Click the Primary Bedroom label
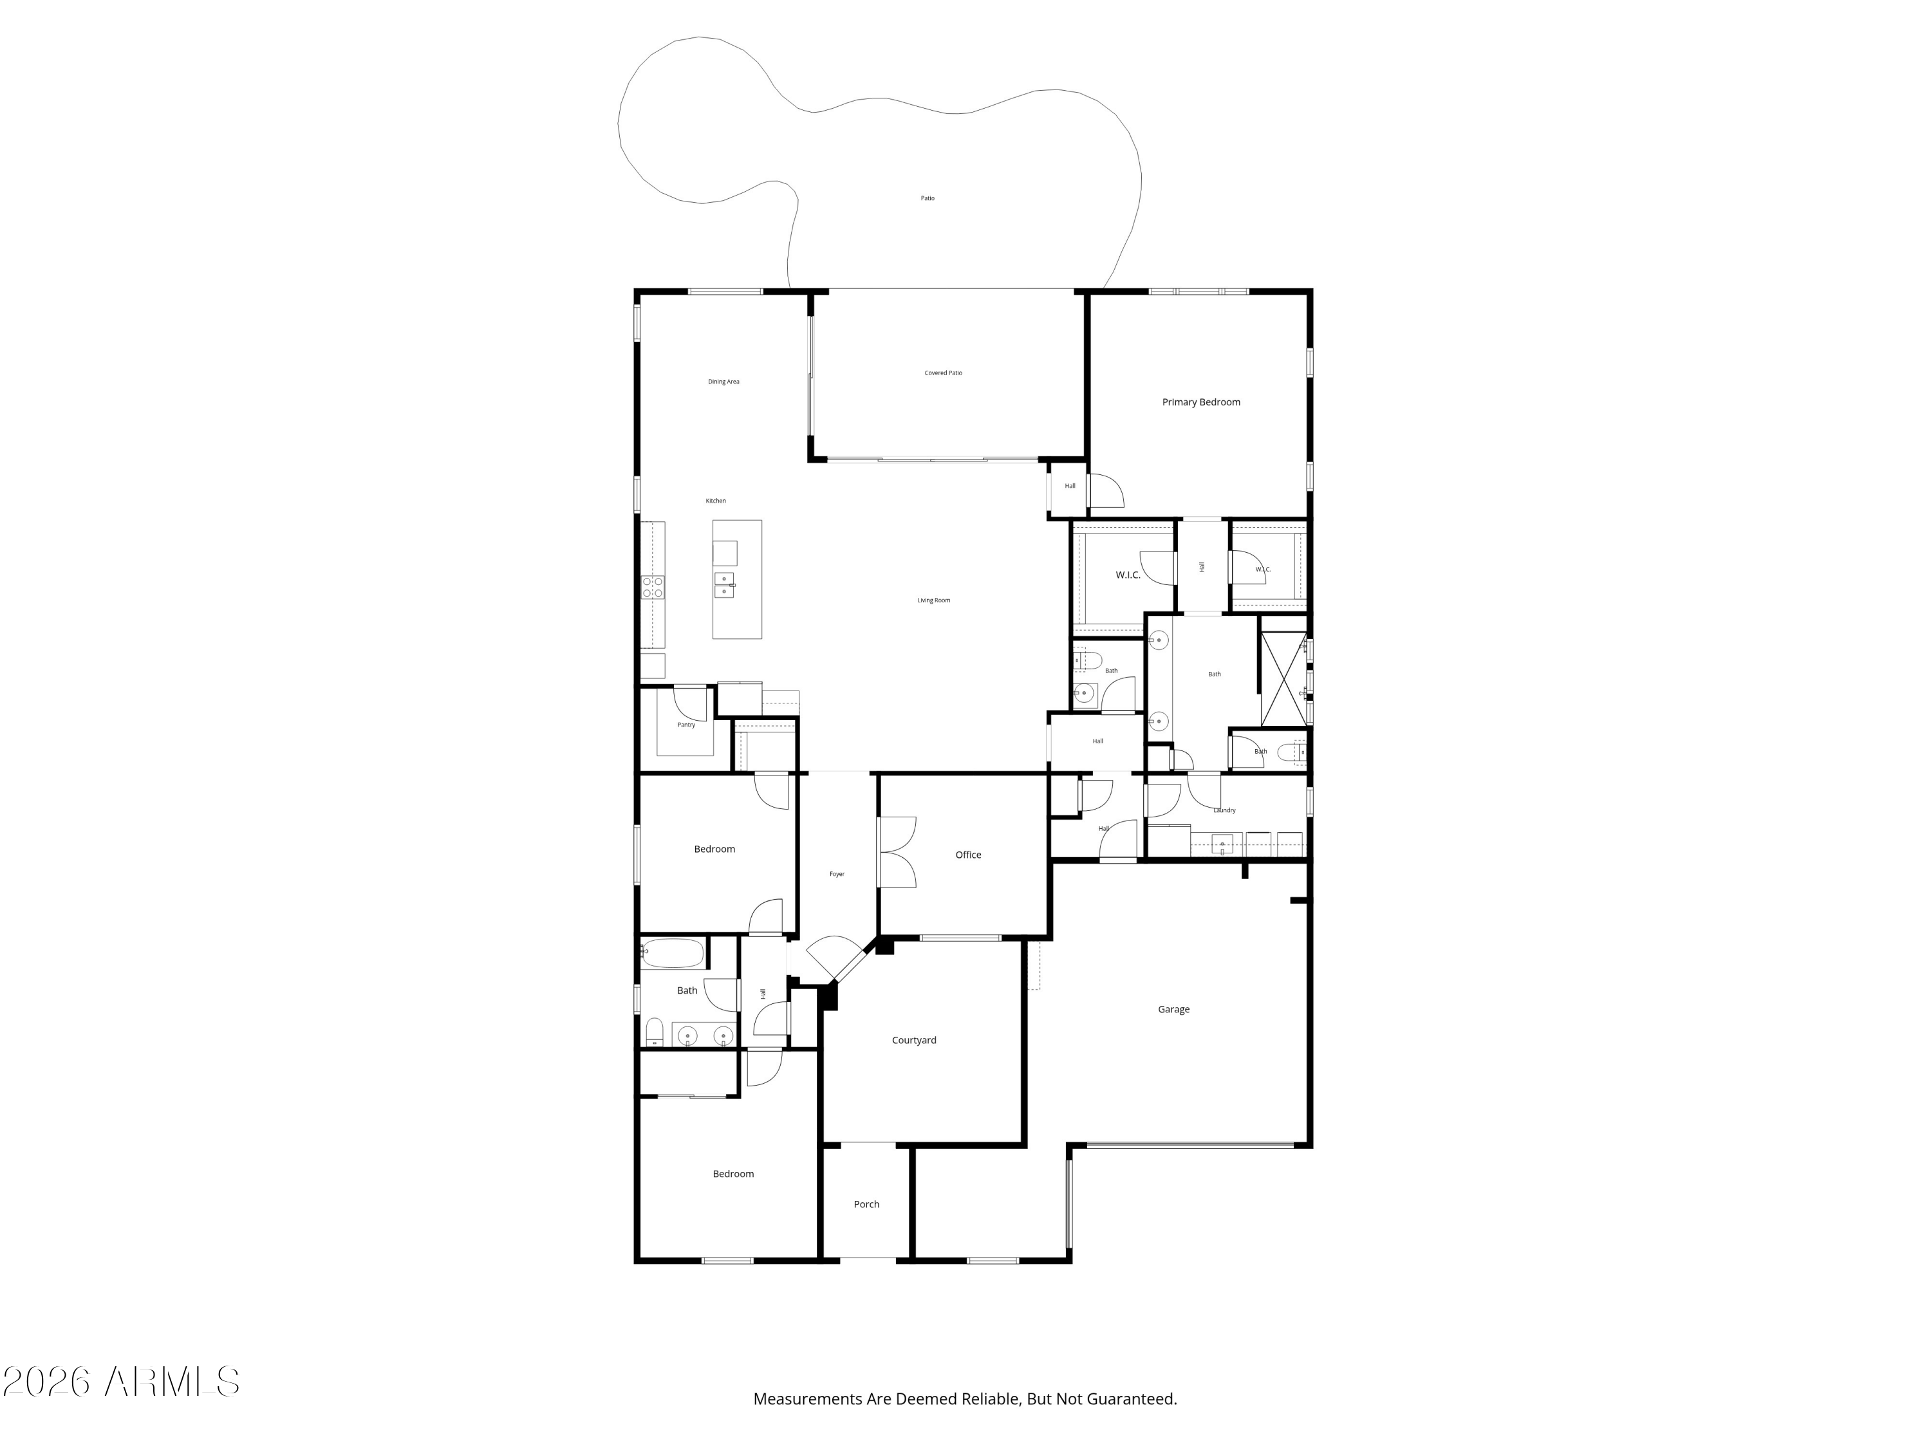click(1200, 402)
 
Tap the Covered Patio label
click(943, 373)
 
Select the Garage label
click(1173, 1009)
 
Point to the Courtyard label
click(914, 1039)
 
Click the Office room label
click(968, 855)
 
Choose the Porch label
click(866, 1203)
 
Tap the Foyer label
click(837, 874)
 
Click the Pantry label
click(686, 725)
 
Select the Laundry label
click(1224, 810)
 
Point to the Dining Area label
click(723, 382)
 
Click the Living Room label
click(933, 600)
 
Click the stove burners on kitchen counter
click(653, 586)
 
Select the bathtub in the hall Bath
click(672, 953)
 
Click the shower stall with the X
click(1284, 679)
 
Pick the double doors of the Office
click(897, 852)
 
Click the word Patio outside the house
click(927, 198)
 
